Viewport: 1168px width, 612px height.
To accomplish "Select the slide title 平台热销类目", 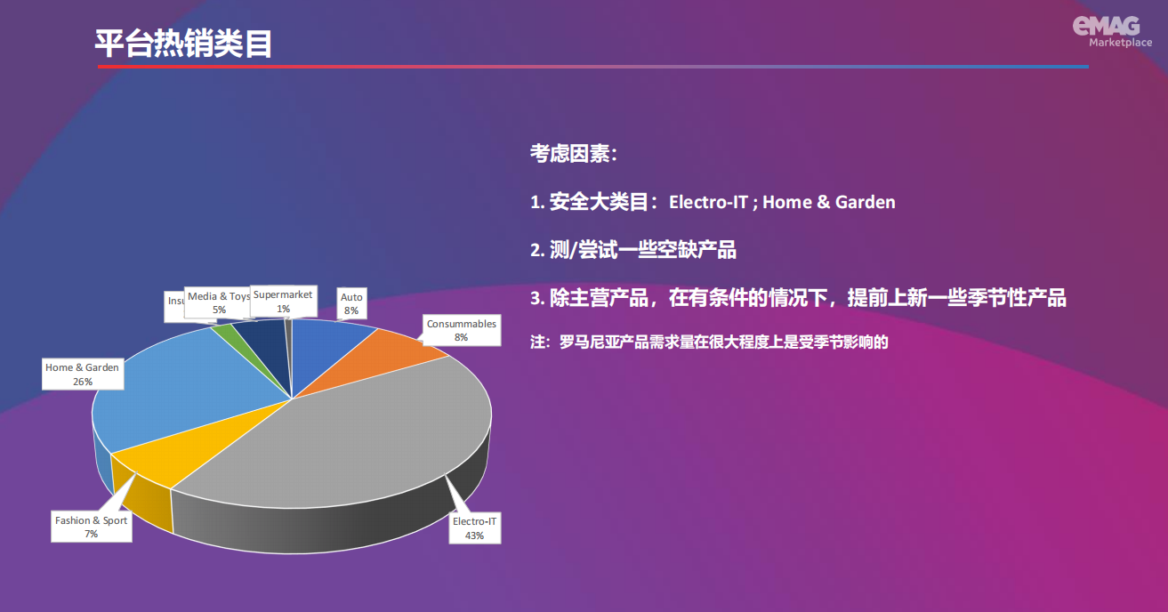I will (184, 44).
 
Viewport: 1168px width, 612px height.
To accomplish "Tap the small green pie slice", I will (226, 333).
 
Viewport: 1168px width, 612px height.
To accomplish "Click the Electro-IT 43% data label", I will (474, 528).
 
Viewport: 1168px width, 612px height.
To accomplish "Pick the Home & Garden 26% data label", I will (82, 374).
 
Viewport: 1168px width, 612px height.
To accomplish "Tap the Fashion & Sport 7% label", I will (91, 527).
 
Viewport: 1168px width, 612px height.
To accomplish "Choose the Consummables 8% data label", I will (461, 330).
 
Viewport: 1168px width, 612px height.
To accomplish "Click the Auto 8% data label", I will (351, 304).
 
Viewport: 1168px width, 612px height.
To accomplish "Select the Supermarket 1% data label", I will (283, 301).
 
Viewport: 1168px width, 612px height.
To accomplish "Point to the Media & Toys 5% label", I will (218, 302).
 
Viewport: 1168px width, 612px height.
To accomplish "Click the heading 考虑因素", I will (573, 154).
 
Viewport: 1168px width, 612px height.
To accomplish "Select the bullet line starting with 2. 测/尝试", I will (633, 250).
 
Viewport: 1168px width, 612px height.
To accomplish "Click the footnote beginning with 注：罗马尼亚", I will (710, 341).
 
